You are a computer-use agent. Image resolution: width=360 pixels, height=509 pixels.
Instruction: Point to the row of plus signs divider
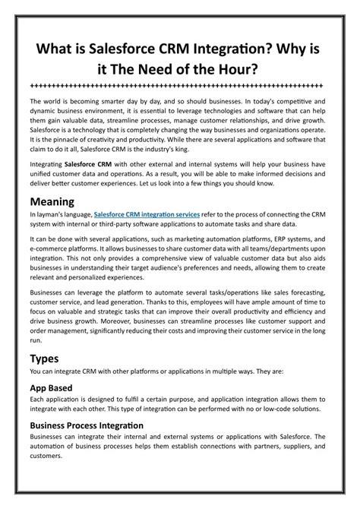coord(180,85)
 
